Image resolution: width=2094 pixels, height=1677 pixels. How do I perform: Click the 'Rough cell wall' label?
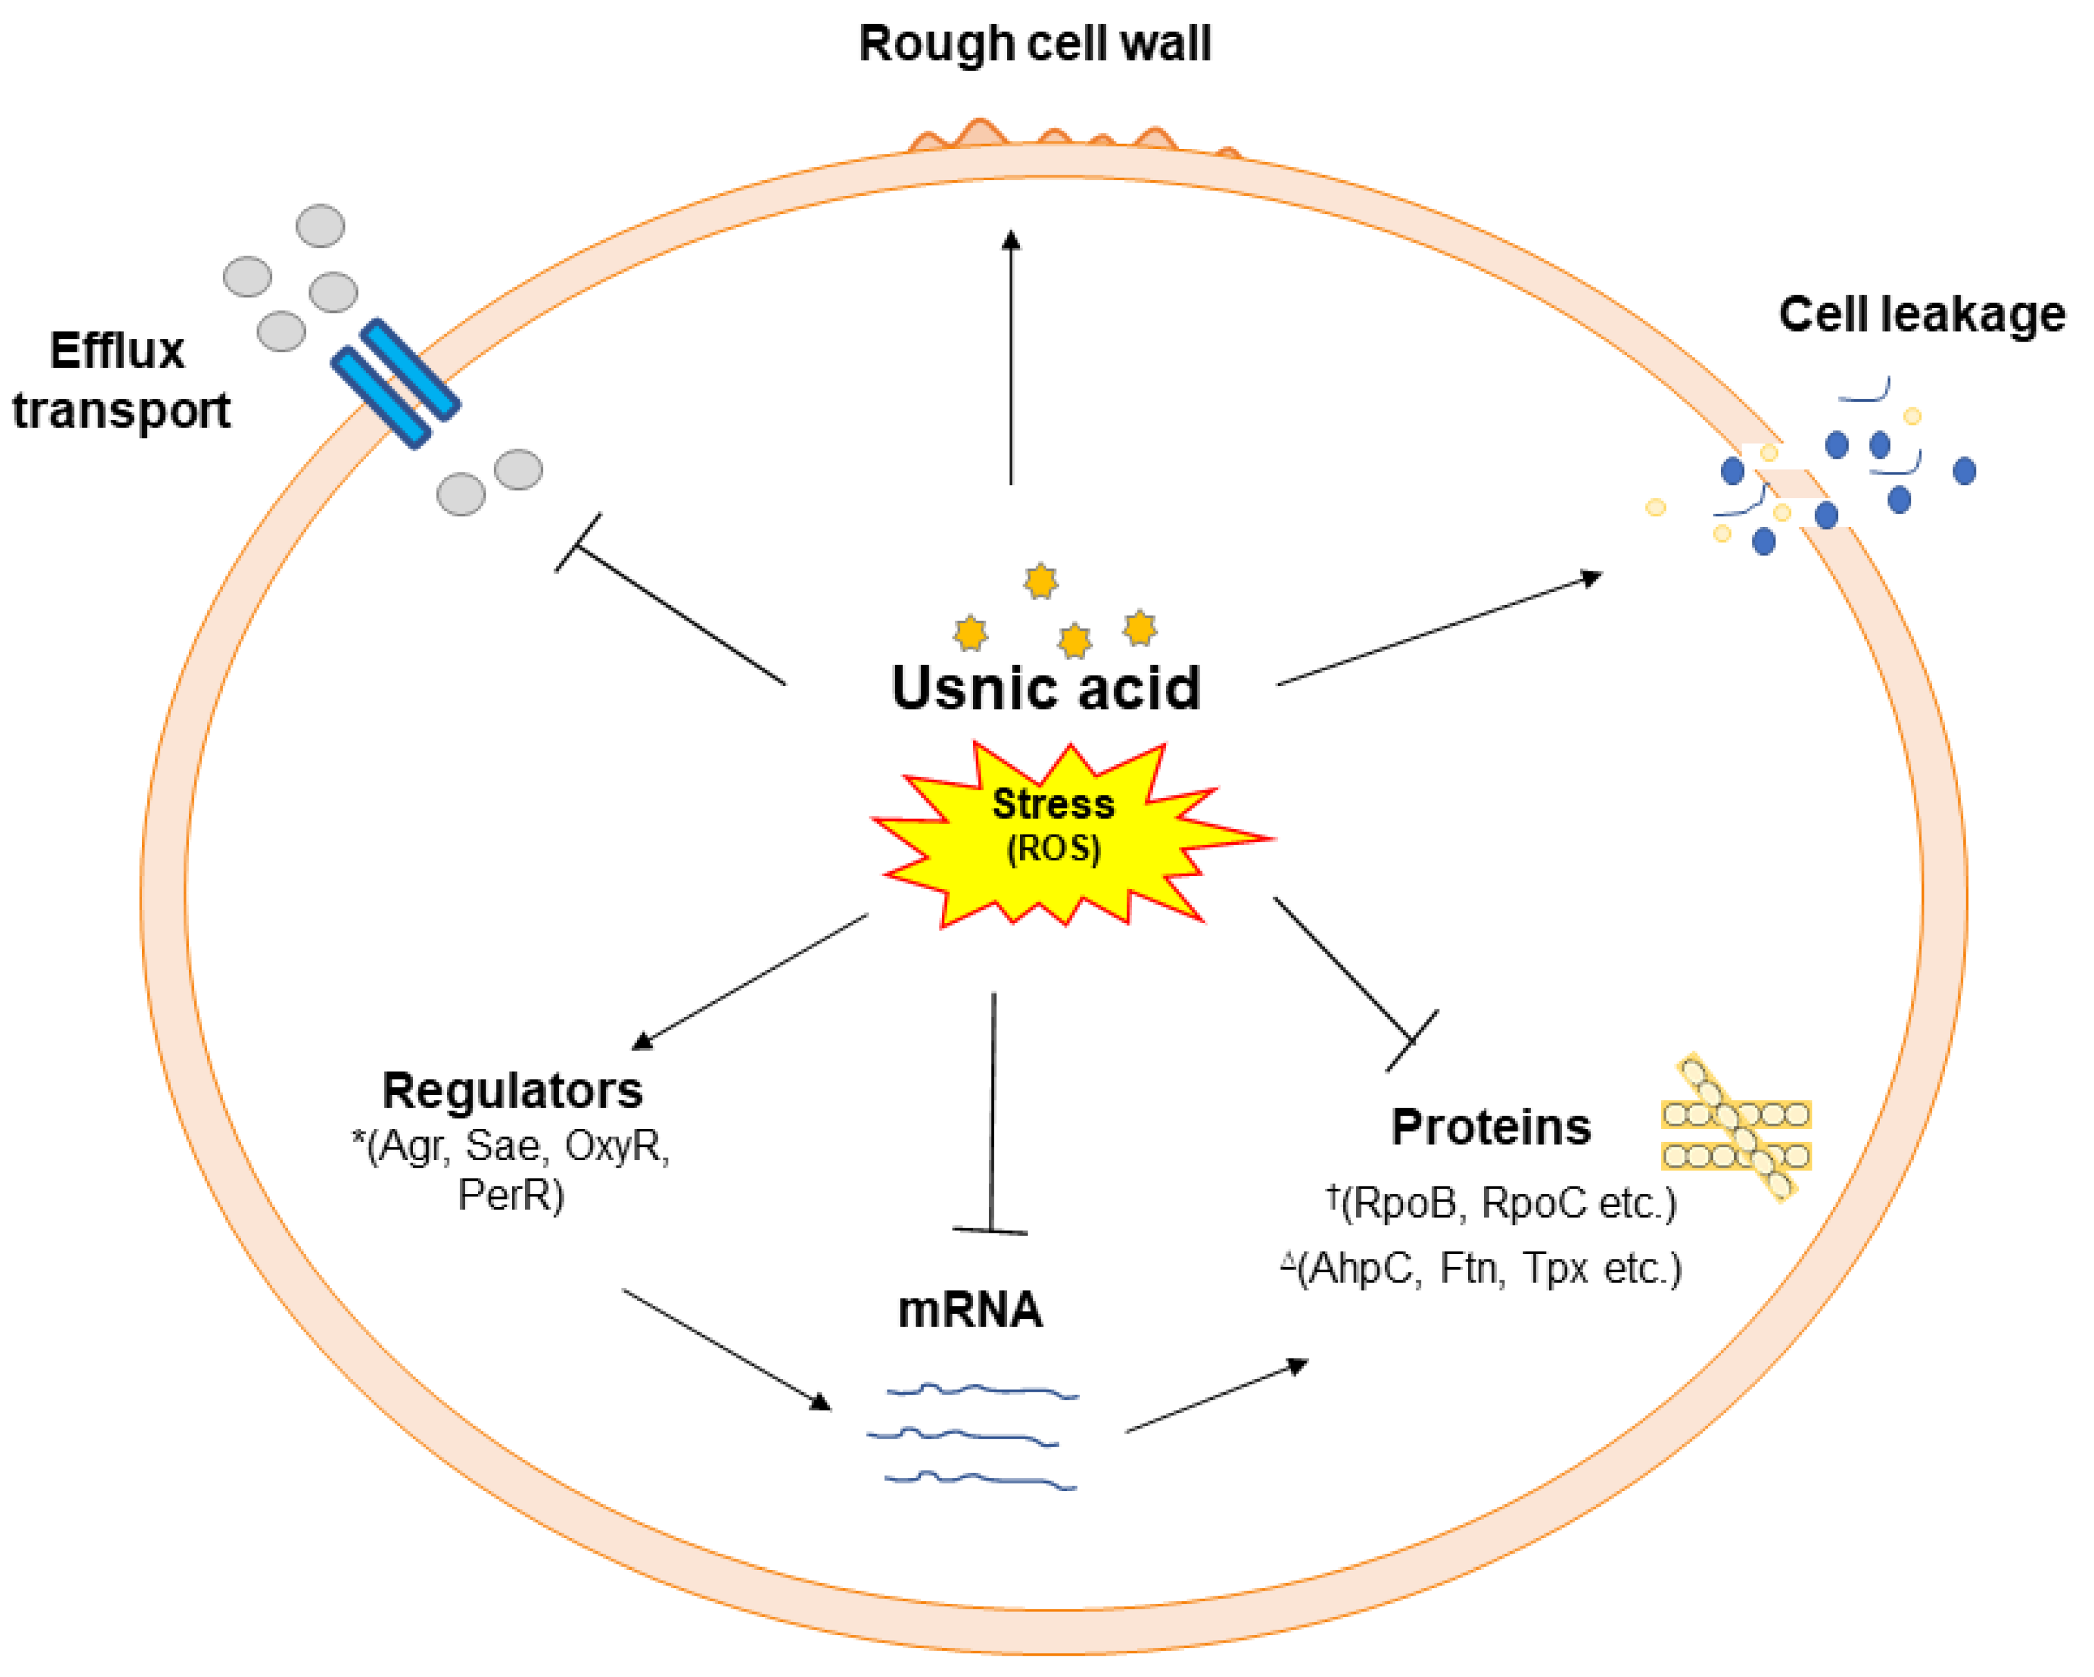1034,44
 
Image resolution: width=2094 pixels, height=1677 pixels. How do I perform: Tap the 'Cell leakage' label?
1921,315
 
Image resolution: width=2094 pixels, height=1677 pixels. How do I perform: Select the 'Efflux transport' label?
120,380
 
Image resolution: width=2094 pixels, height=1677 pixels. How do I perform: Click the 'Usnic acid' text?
1046,688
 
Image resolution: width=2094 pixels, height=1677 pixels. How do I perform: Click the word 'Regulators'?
512,1091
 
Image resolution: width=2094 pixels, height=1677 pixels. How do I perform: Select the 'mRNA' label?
969,1310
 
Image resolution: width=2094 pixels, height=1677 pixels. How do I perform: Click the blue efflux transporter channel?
396,384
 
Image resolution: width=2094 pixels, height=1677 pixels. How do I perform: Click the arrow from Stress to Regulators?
750,982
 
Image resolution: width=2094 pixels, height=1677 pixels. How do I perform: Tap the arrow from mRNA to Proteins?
1216,1397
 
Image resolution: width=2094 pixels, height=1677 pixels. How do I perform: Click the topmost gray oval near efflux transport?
320,225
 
